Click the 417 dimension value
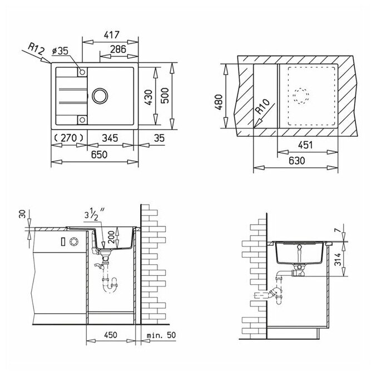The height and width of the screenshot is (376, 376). pyautogui.click(x=111, y=35)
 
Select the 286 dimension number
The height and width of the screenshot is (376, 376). pyautogui.click(x=118, y=49)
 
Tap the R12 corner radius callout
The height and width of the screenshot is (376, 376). pyautogui.click(x=36, y=49)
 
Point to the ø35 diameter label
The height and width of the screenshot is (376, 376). pyautogui.click(x=60, y=51)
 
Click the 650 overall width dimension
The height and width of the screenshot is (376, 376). pyautogui.click(x=99, y=155)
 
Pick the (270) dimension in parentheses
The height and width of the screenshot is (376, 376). pyautogui.click(x=68, y=138)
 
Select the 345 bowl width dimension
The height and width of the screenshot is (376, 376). pyautogui.click(x=110, y=138)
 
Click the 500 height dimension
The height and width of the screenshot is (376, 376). pyautogui.click(x=165, y=96)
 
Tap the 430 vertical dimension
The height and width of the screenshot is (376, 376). pyautogui.click(x=149, y=97)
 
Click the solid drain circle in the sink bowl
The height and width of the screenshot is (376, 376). pyautogui.click(x=100, y=96)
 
